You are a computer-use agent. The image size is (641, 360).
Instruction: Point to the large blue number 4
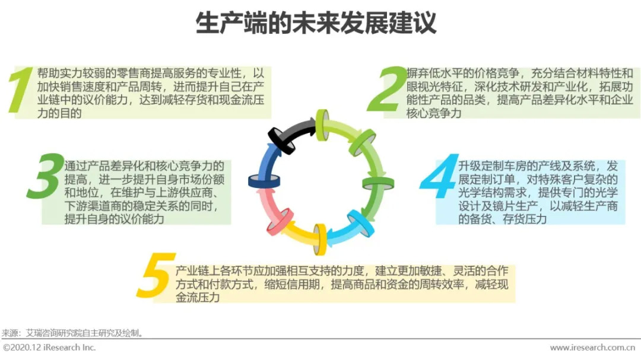click(x=440, y=177)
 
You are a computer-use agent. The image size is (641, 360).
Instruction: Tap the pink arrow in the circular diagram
click(x=275, y=217)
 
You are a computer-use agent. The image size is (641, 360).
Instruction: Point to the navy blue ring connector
click(x=264, y=181)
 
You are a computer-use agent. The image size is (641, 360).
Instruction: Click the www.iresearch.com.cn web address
click(x=594, y=348)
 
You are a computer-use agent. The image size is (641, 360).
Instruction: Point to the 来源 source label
click(x=9, y=333)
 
